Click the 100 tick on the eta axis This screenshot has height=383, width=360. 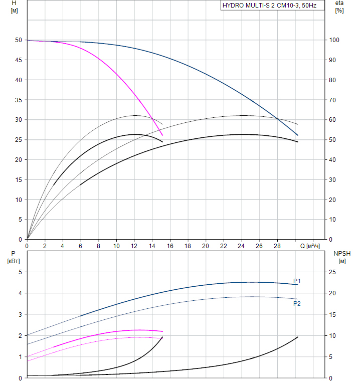coord(333,40)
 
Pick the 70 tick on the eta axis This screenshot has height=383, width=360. coord(332,100)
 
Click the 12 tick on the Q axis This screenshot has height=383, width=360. coord(134,246)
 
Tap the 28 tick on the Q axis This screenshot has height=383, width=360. coord(277,246)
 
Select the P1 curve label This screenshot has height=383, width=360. coord(297,281)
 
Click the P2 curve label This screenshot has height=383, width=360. coord(297,304)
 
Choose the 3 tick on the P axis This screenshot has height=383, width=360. coord(20,314)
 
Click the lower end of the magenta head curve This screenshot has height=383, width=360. coord(162,135)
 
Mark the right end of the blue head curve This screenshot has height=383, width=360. coord(298,135)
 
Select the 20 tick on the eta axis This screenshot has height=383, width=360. coord(332,200)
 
